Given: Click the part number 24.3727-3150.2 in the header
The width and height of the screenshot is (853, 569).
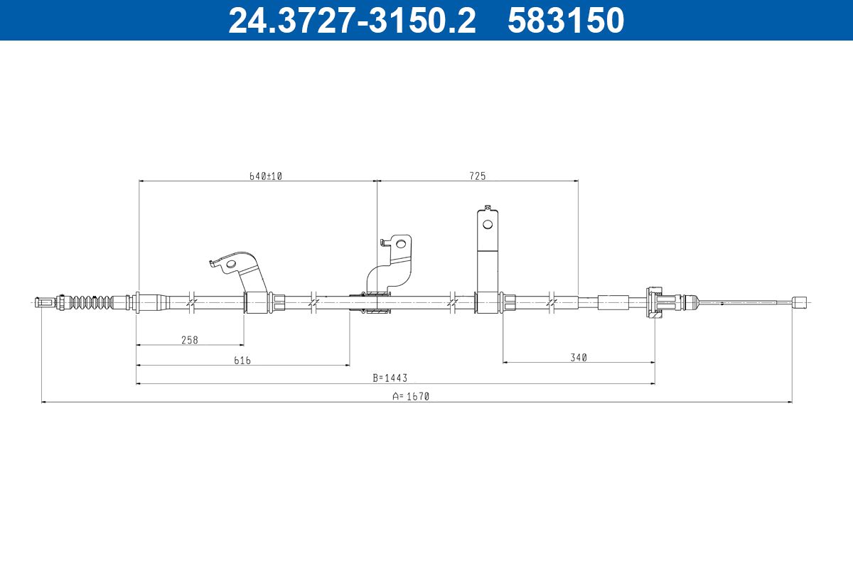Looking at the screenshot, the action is pos(352,20).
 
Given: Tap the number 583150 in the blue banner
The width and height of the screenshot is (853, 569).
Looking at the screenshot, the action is pos(566,20).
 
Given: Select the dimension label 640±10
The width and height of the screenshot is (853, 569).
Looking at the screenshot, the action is pos(265,176).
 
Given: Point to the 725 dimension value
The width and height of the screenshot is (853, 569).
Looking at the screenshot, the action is pos(478,176).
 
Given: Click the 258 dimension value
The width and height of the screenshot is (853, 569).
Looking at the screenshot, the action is pos(190,340).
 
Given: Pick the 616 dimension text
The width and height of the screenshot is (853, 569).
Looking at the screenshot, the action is pos(242,360).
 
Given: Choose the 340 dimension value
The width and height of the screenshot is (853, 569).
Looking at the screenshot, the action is pos(579,358).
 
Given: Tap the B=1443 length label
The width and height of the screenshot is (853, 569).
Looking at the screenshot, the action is pos(390,378).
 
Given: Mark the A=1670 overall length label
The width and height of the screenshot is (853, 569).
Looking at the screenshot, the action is pos(411,396).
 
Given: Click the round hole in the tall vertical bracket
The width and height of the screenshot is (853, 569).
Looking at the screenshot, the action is pos(488,224).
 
